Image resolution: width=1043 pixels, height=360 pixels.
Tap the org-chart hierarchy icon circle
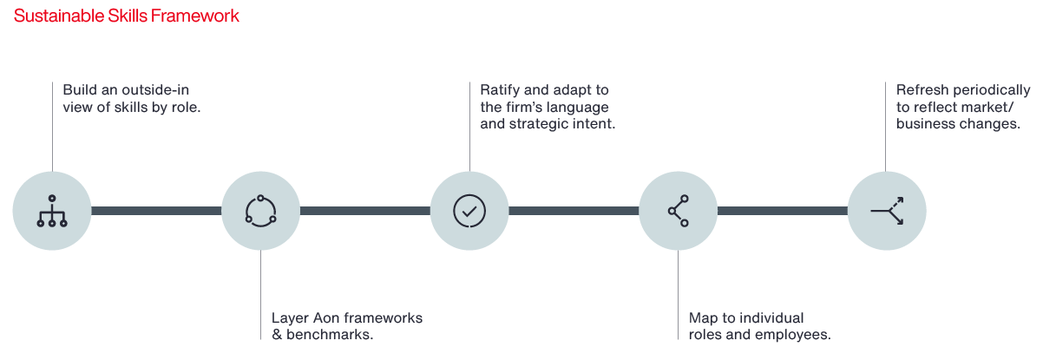point(52,211)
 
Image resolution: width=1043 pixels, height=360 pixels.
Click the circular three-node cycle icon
point(260,211)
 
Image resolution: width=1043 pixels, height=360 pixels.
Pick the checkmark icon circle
point(469,211)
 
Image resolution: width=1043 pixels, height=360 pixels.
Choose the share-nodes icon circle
point(678,211)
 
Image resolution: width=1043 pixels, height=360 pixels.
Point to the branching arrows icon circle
point(886,211)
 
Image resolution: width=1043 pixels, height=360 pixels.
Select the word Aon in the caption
point(324,318)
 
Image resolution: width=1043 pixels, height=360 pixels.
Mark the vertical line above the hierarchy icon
point(52,126)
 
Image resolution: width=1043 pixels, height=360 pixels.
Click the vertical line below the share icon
point(678,295)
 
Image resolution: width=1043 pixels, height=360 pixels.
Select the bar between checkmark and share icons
point(574,211)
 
